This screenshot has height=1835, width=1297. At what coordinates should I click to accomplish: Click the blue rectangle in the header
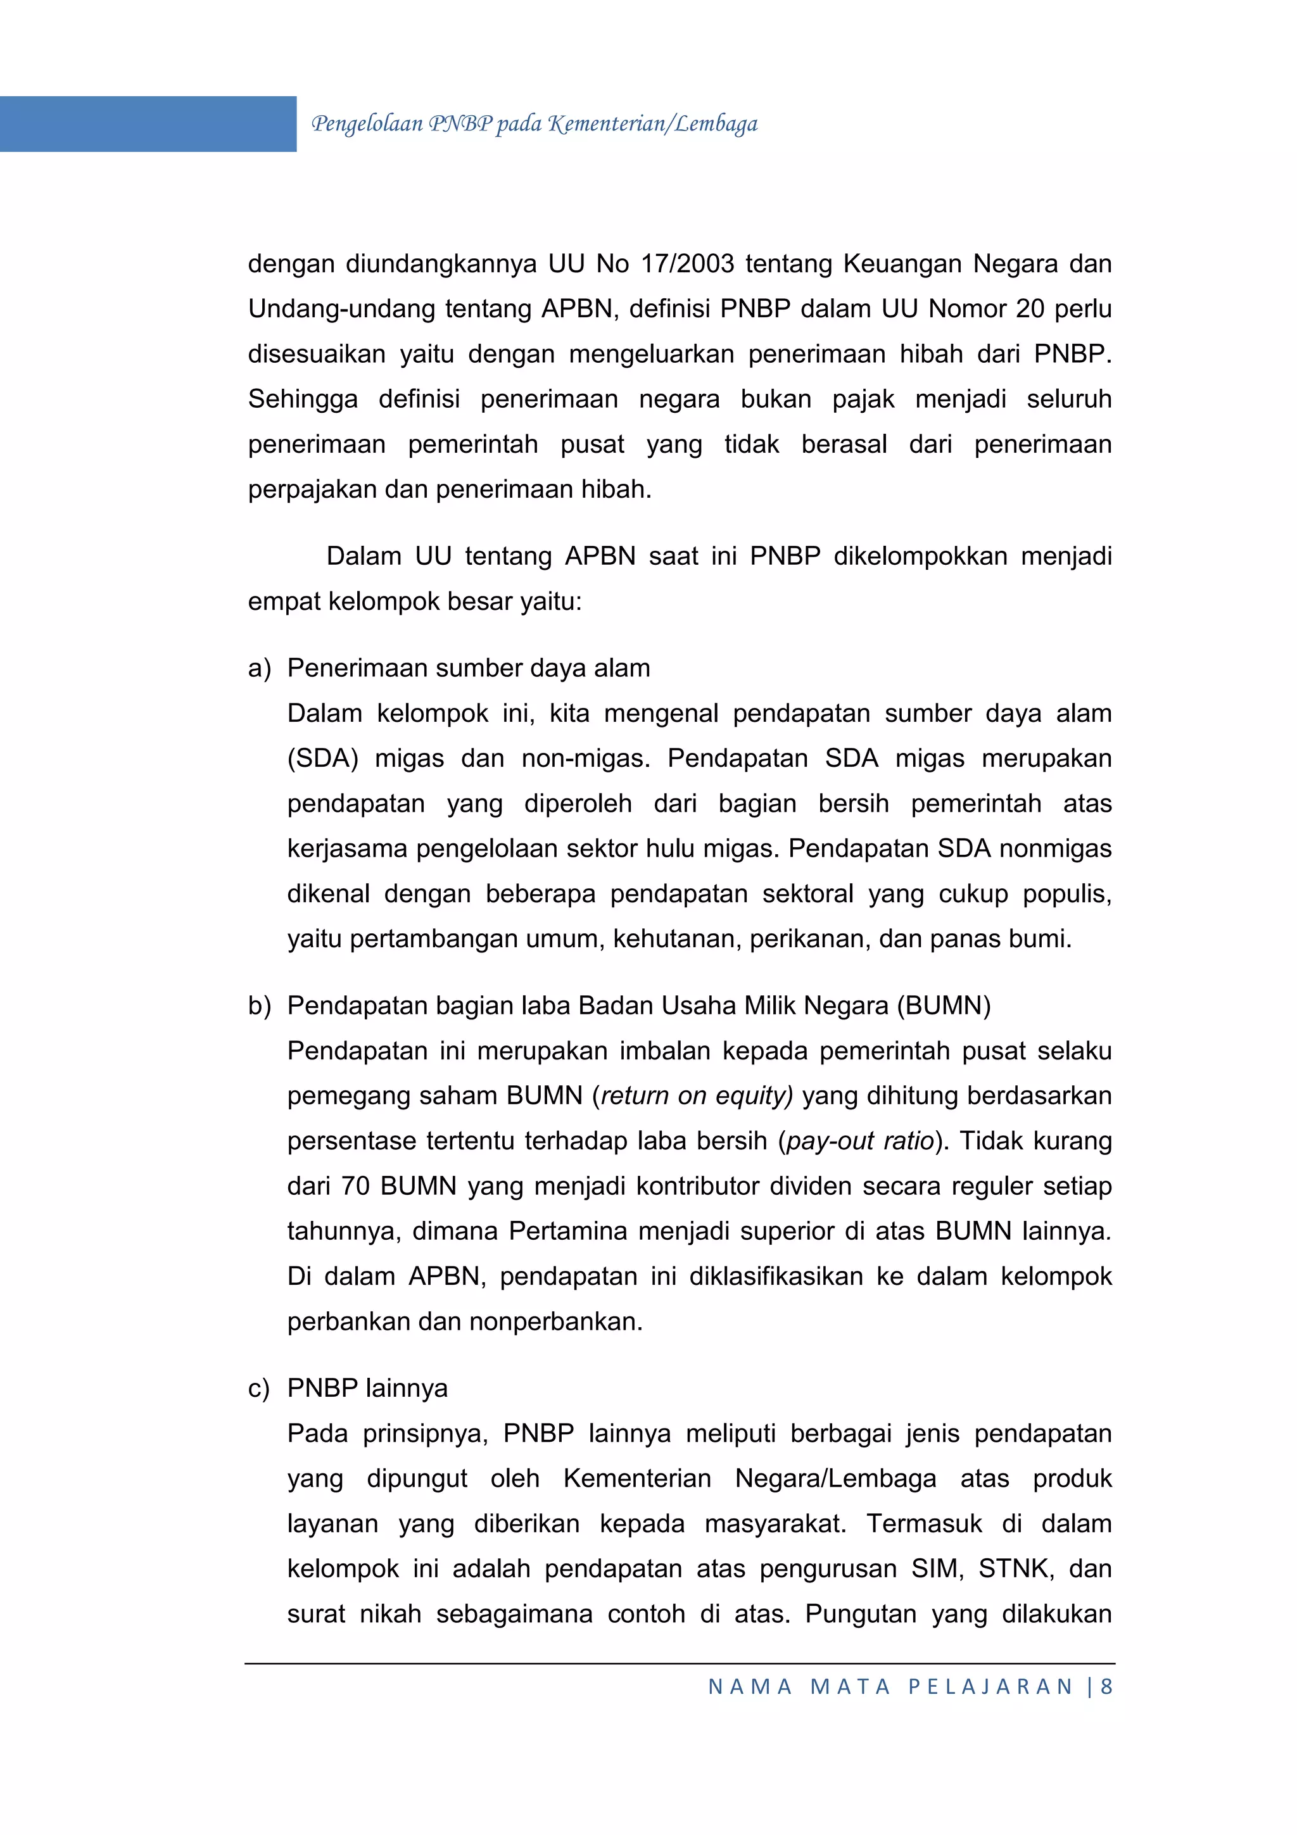tap(148, 124)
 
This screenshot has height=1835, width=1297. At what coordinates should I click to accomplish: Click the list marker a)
tap(259, 668)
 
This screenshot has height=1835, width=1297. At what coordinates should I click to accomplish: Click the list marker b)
tap(259, 1006)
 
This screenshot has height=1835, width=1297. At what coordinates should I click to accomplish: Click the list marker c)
tap(259, 1388)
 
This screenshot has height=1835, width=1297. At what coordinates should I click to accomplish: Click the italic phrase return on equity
tap(697, 1095)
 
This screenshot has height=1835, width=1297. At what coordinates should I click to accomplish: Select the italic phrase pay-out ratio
tap(861, 1141)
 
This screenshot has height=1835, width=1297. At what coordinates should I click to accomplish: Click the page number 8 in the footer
tap(1107, 1686)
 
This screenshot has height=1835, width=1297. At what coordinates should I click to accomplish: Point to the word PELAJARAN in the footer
tap(990, 1686)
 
